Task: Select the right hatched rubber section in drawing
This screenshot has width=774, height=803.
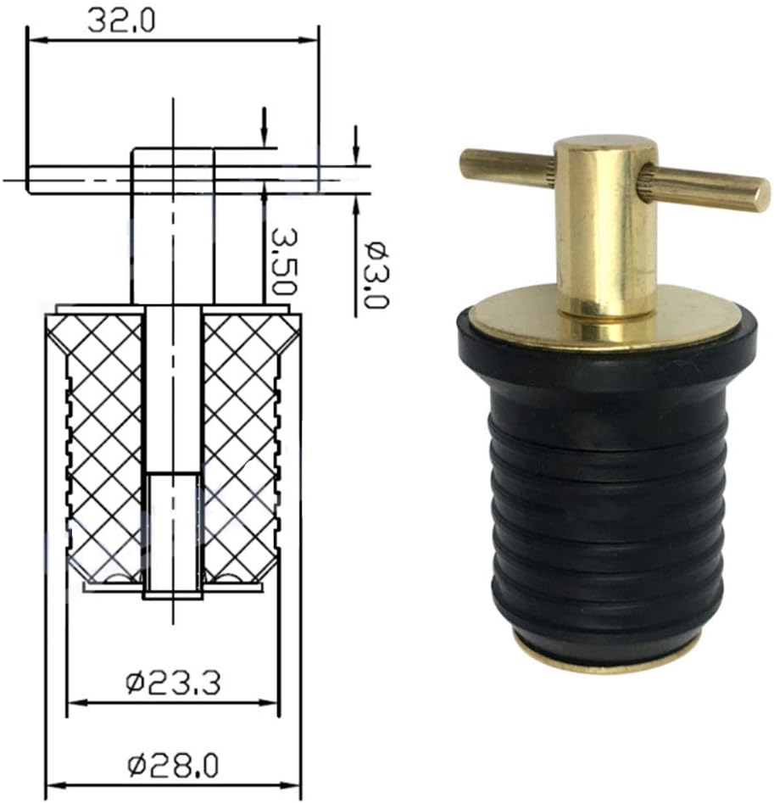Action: tap(242, 449)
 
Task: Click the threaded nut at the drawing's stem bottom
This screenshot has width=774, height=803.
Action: tap(173, 534)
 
